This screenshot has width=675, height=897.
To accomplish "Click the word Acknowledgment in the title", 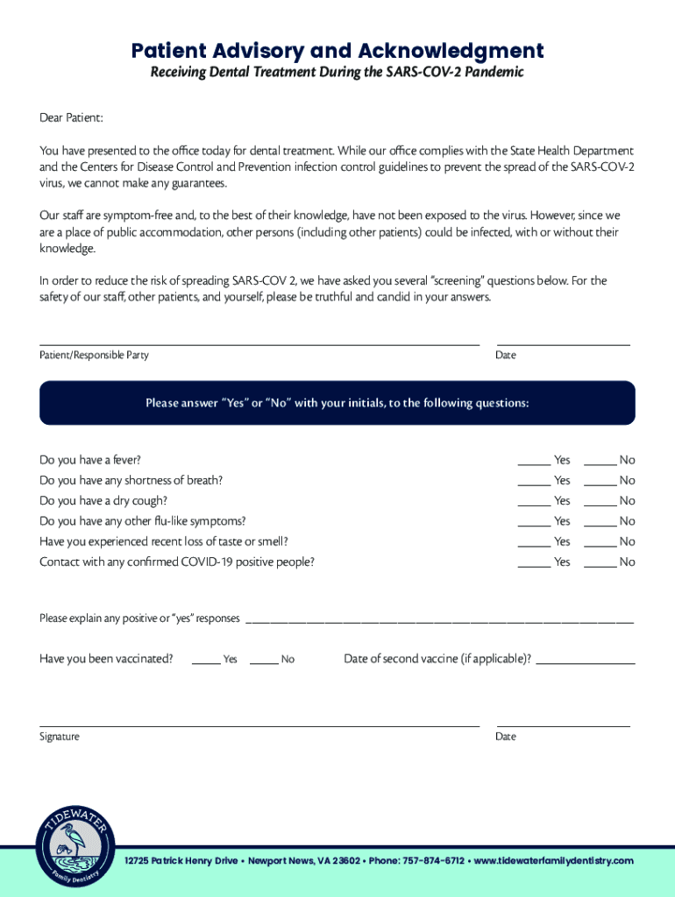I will pos(459,51).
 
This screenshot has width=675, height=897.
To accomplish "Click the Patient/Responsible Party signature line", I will pos(259,343).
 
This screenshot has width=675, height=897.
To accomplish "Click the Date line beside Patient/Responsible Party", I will pos(563,343).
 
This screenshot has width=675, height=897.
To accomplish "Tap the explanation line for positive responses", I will pos(438,620).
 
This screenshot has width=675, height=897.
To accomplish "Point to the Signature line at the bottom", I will pos(259,724).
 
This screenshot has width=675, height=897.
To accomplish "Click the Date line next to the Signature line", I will pos(563,724).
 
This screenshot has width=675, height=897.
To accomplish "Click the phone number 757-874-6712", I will pos(433,860).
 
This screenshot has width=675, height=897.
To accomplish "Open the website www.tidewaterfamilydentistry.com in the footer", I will pos(553,860).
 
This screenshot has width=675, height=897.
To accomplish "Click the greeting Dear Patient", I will pos(71,117).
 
